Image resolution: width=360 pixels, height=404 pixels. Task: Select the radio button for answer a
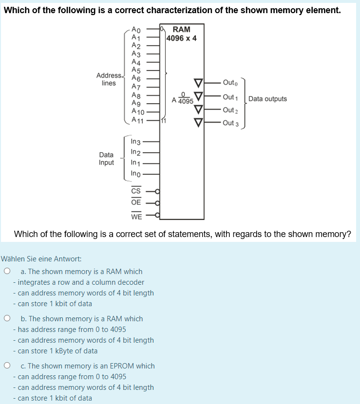coord(7,271)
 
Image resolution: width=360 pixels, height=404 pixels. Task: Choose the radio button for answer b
coord(7,318)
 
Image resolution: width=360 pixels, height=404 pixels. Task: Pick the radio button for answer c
coord(7,366)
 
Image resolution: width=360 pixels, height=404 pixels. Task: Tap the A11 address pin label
coord(139,120)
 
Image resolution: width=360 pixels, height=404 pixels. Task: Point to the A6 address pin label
coord(137,79)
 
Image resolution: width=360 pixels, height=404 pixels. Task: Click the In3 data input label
coord(136,142)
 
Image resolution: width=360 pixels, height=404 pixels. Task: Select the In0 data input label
coord(136,173)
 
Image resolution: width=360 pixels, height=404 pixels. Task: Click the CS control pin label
coord(136,191)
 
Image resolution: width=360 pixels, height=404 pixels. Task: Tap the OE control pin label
coord(136,202)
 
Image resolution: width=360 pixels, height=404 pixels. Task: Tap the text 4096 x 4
coord(181,38)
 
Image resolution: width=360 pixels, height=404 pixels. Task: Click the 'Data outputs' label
coord(267,99)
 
